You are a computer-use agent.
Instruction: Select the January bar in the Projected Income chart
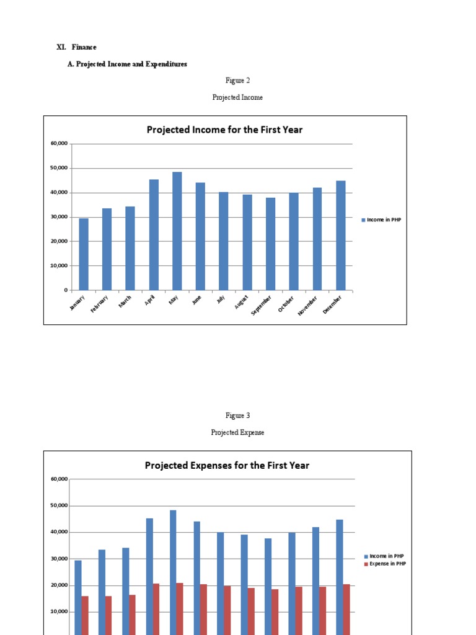84,254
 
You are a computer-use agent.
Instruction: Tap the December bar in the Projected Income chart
341,236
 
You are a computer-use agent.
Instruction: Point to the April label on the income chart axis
149,300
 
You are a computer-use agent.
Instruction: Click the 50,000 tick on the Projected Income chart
59,168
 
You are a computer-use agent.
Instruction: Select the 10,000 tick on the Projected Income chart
59,265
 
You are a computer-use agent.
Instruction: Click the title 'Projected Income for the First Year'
224,130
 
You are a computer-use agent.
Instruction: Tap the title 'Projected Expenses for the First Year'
227,465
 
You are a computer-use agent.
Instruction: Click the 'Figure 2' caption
237,80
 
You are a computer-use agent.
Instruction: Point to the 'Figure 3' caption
237,415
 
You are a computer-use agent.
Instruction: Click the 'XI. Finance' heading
77,47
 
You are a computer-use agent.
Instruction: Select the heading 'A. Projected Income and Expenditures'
127,64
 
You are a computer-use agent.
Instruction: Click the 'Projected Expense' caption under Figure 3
237,432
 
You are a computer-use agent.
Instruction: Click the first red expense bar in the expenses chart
85,614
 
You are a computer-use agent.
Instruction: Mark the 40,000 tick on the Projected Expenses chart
58,532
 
